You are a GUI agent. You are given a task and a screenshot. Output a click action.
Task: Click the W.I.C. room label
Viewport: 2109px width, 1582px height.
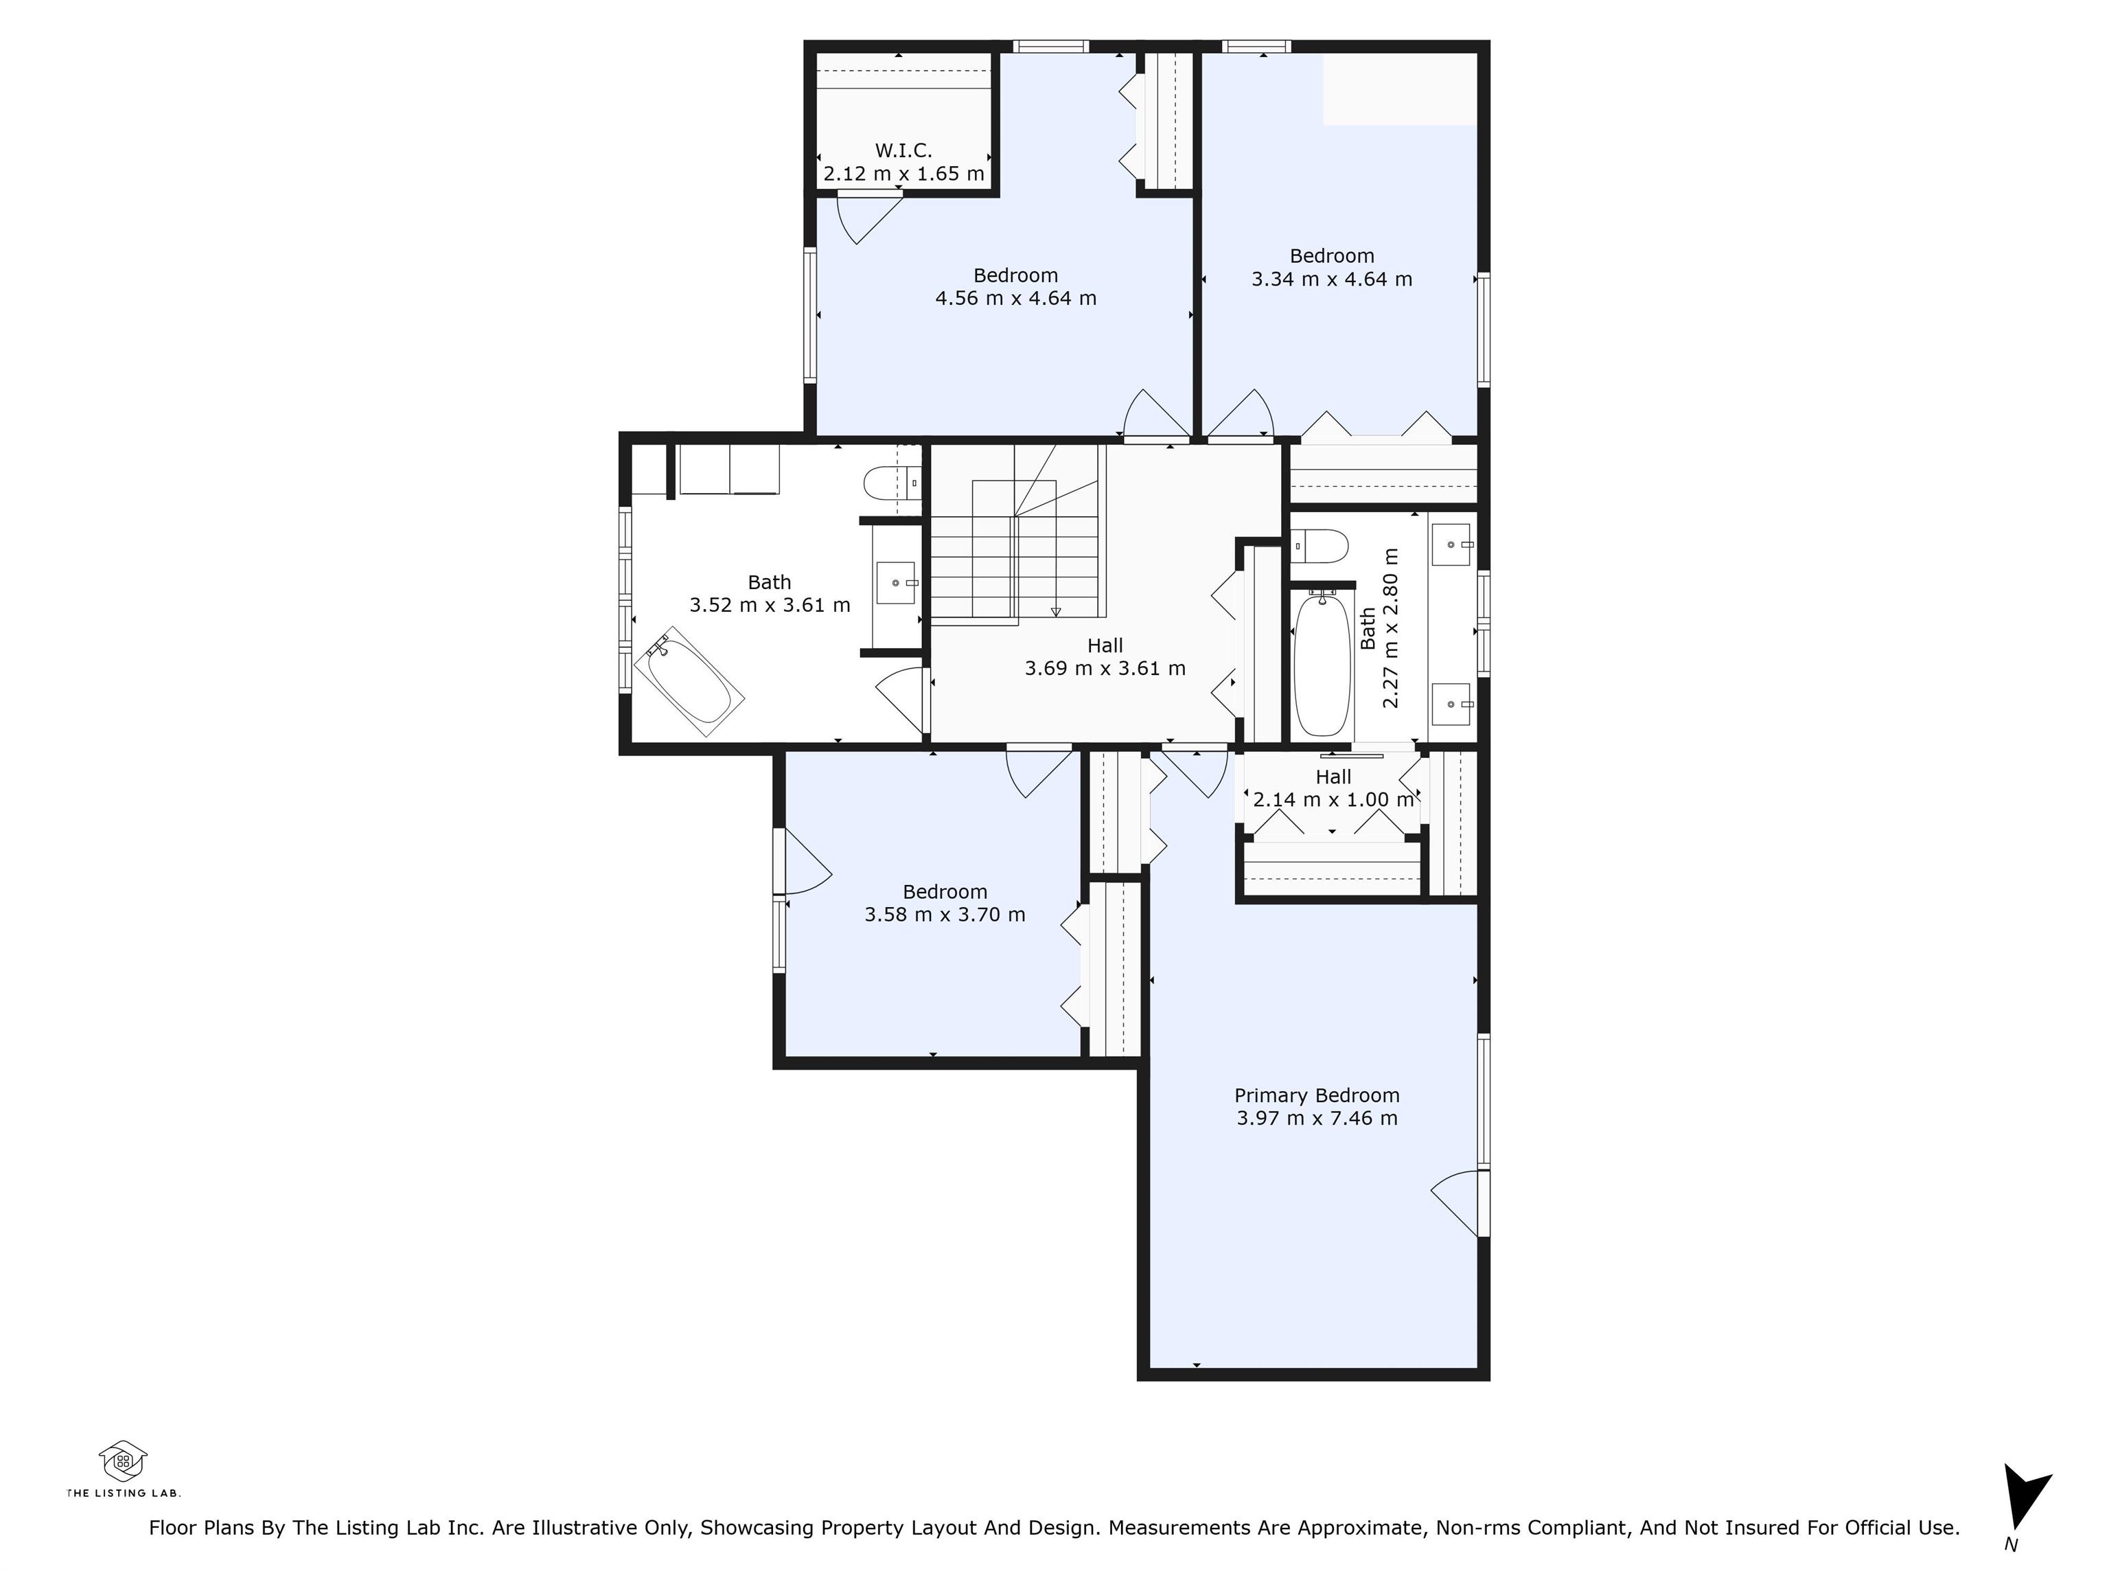pyautogui.click(x=903, y=150)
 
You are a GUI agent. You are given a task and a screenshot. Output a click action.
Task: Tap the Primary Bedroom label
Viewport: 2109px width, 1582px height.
pyautogui.click(x=1317, y=1096)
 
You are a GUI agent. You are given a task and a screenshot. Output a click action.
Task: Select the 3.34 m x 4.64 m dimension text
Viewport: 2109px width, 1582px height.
pyautogui.click(x=1332, y=279)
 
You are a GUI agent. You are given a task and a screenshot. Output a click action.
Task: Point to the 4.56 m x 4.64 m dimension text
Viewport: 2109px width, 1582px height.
pyautogui.click(x=1015, y=299)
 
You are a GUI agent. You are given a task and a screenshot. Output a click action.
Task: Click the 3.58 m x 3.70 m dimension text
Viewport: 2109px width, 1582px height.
pyautogui.click(x=945, y=915)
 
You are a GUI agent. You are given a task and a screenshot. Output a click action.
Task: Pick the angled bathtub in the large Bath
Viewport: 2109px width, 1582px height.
pyautogui.click(x=689, y=681)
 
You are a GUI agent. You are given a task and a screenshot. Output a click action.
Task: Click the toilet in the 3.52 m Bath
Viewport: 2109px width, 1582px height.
pyautogui.click(x=892, y=483)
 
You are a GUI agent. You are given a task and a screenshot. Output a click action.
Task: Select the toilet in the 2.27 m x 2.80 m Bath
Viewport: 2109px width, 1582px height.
pyautogui.click(x=1319, y=547)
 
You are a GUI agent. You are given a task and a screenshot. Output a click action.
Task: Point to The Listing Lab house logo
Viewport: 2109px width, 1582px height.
pyautogui.click(x=123, y=1461)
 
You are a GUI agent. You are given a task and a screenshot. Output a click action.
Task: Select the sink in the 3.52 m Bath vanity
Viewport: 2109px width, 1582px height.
pyautogui.click(x=896, y=583)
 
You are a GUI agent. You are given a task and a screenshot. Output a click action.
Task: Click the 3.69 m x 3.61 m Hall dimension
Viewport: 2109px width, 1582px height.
pyautogui.click(x=1105, y=669)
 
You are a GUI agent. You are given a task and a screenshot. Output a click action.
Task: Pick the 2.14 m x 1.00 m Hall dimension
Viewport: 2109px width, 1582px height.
pyautogui.click(x=1333, y=800)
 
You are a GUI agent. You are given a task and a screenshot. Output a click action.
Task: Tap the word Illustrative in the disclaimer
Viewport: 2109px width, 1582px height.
pyautogui.click(x=636, y=1528)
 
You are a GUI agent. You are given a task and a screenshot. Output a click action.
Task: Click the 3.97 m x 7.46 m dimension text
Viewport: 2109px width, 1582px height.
pyautogui.click(x=1317, y=1119)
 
